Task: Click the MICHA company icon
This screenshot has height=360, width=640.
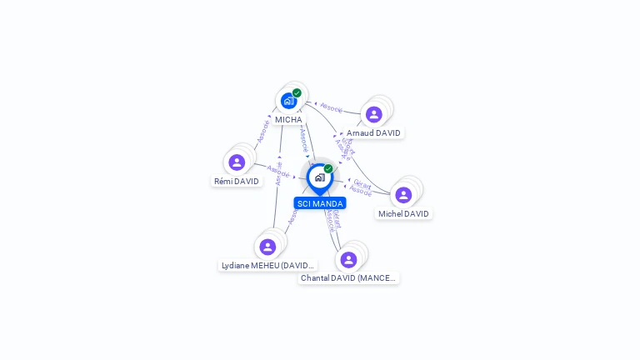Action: click(288, 101)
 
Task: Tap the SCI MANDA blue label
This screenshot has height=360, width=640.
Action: click(320, 203)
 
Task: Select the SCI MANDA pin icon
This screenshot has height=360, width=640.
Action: click(319, 177)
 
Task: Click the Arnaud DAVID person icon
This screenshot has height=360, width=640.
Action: click(373, 114)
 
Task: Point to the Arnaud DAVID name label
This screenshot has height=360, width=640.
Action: click(373, 133)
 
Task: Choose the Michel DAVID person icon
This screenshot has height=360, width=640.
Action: click(403, 195)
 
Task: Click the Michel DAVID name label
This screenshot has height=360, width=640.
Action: click(403, 214)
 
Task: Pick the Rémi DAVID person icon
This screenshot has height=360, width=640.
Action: click(237, 162)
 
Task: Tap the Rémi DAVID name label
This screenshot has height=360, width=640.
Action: click(237, 182)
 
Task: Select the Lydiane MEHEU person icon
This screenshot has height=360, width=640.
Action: click(267, 247)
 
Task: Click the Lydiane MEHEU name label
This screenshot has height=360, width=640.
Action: click(267, 266)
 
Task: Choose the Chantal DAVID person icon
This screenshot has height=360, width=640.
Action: click(348, 259)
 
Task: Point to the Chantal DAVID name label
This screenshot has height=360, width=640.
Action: click(348, 278)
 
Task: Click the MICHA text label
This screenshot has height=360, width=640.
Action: click(288, 120)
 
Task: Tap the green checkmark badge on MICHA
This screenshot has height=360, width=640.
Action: click(297, 93)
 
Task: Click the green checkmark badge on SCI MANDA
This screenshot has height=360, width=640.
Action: click(328, 169)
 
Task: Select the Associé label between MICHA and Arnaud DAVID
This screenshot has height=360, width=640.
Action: click(332, 108)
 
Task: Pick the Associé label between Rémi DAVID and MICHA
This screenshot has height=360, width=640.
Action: click(262, 132)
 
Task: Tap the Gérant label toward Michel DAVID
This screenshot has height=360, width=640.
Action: click(362, 182)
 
